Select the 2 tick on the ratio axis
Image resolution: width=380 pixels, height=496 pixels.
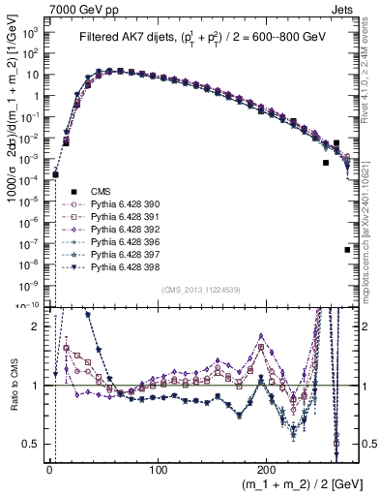(41, 326)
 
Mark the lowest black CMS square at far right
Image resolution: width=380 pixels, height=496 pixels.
(347, 250)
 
